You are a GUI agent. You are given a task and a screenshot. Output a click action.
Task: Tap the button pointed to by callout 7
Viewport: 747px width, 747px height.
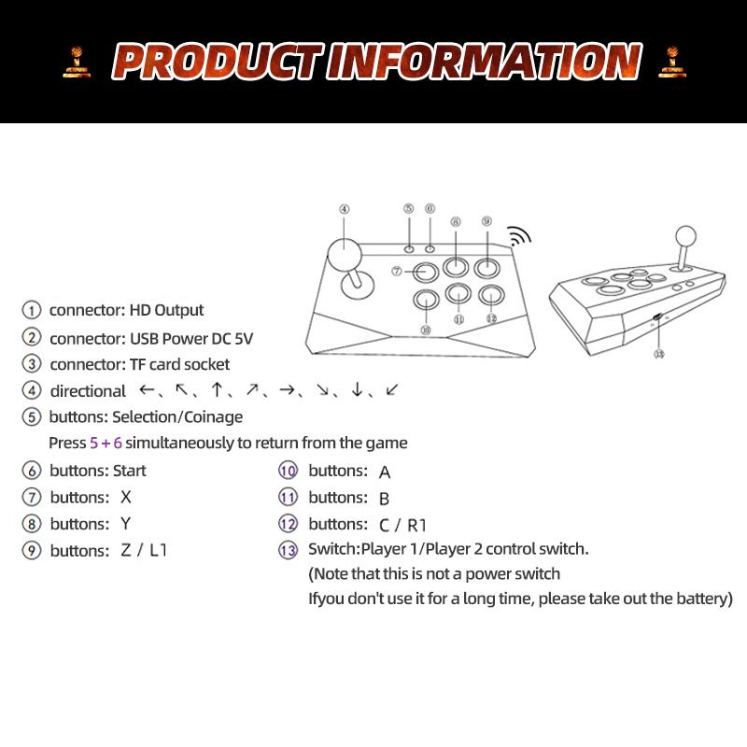[x=426, y=272]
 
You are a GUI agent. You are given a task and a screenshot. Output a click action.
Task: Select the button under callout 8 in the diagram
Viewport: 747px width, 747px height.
[x=456, y=268]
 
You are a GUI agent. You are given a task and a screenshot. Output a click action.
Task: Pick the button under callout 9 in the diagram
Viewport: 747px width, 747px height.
[x=486, y=268]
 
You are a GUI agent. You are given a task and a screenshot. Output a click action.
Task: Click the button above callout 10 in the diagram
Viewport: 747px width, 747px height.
[x=426, y=301]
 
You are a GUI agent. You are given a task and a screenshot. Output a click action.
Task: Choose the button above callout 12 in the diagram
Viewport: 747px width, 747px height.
[x=489, y=296]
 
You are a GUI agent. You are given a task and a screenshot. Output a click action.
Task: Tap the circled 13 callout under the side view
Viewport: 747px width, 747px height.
[x=659, y=354]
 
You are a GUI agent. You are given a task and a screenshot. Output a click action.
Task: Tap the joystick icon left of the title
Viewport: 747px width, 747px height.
[x=77, y=61]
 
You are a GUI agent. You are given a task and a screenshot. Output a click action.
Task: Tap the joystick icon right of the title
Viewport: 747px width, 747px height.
[x=669, y=61]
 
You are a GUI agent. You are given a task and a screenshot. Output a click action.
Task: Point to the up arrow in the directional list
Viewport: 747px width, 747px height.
[x=217, y=390]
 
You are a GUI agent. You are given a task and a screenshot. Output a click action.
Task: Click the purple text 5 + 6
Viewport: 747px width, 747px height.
[x=106, y=443]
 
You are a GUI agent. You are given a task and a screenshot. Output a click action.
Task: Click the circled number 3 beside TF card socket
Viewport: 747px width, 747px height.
[x=33, y=364]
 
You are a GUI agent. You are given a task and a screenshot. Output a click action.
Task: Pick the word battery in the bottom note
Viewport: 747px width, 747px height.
[x=704, y=598]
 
